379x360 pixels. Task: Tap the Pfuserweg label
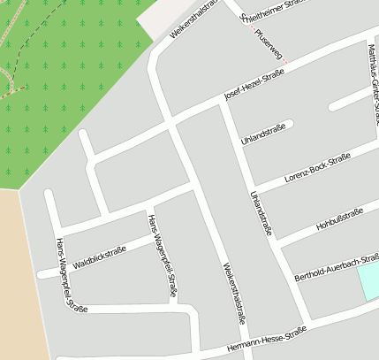[x=268, y=43]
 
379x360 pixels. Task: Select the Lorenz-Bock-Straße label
[x=317, y=167]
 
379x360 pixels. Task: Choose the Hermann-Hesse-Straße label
[x=266, y=337]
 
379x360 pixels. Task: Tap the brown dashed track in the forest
[x=7, y=84]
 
